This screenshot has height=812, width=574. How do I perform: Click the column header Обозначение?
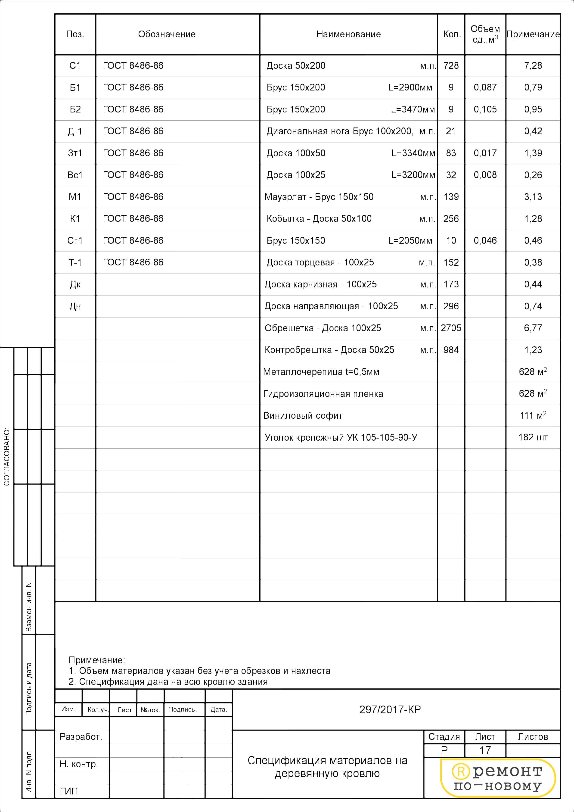[x=167, y=34]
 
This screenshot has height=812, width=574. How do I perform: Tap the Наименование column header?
[x=348, y=34]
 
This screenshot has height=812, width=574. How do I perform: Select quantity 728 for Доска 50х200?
[x=451, y=66]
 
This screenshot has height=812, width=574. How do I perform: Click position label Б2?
[x=75, y=109]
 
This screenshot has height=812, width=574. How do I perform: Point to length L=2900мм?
[x=410, y=87]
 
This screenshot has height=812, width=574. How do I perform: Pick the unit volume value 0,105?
[x=485, y=109]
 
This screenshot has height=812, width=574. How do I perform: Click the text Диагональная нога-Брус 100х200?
[x=340, y=131]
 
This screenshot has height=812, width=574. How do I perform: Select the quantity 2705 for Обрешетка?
[x=451, y=328]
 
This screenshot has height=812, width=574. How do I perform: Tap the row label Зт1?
[x=75, y=153]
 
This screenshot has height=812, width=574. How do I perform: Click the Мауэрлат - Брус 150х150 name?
[x=319, y=197]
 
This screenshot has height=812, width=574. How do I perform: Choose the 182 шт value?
[x=533, y=438]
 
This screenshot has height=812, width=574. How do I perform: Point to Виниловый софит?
[x=303, y=416]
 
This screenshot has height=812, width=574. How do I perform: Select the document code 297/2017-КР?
[x=390, y=709]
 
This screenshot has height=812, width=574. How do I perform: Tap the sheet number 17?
[x=485, y=750]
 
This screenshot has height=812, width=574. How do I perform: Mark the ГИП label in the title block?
[x=69, y=791]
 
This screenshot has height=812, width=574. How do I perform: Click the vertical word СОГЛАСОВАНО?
[x=7, y=457]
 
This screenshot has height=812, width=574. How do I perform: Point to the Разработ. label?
[x=81, y=737]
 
